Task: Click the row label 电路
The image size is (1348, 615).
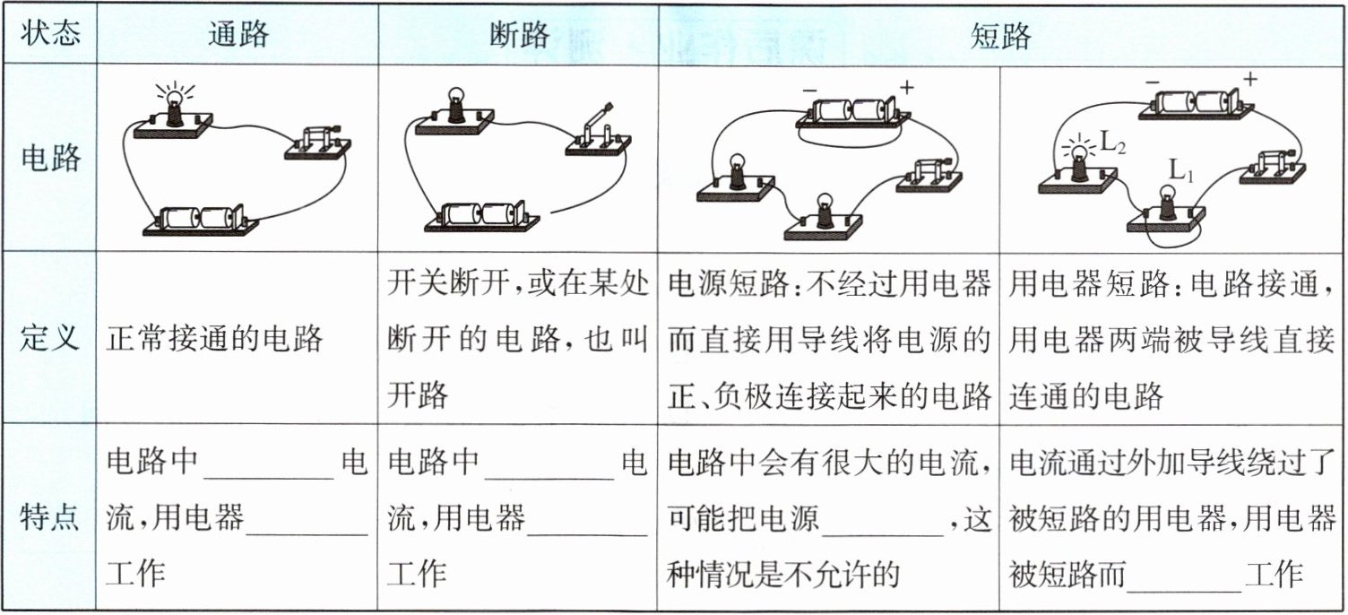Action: click(x=50, y=158)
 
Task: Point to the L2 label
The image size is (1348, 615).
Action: click(x=1114, y=142)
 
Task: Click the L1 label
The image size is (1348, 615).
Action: click(x=1180, y=170)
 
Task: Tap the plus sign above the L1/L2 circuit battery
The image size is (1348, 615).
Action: click(x=1249, y=79)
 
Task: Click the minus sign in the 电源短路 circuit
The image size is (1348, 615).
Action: click(x=808, y=90)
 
